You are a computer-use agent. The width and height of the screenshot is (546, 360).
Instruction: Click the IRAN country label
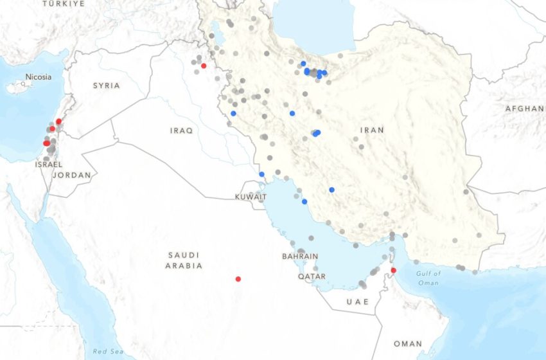pyautogui.click(x=372, y=130)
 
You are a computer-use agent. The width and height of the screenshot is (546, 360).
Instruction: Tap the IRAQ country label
pyautogui.click(x=181, y=130)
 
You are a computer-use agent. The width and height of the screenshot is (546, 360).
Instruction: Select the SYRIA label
pyautogui.click(x=106, y=85)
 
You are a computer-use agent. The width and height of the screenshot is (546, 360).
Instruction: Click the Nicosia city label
pyautogui.click(x=38, y=77)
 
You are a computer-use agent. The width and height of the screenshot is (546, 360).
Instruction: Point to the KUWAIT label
pyautogui.click(x=250, y=197)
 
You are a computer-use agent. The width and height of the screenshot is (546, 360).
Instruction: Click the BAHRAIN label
pyautogui.click(x=300, y=256)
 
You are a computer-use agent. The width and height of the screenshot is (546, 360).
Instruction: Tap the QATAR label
pyautogui.click(x=312, y=276)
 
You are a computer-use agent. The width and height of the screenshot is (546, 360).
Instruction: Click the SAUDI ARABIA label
pyautogui.click(x=184, y=260)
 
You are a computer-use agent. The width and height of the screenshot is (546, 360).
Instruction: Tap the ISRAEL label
pyautogui.click(x=48, y=165)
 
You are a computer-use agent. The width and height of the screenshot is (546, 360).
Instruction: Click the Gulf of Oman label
pyautogui.click(x=428, y=278)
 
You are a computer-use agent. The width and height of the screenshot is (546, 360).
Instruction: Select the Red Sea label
pyautogui.click(x=107, y=351)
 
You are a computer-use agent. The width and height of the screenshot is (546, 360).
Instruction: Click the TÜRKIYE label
pyautogui.click(x=64, y=4)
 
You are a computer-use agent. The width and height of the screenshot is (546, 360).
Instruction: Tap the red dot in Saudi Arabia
pyautogui.click(x=238, y=279)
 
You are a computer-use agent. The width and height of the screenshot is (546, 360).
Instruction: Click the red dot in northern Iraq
pyautogui.click(x=204, y=66)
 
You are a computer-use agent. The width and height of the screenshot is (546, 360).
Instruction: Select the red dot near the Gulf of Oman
pyautogui.click(x=394, y=270)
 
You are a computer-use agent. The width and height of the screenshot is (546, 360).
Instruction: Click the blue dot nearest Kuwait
pyautogui.click(x=261, y=174)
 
